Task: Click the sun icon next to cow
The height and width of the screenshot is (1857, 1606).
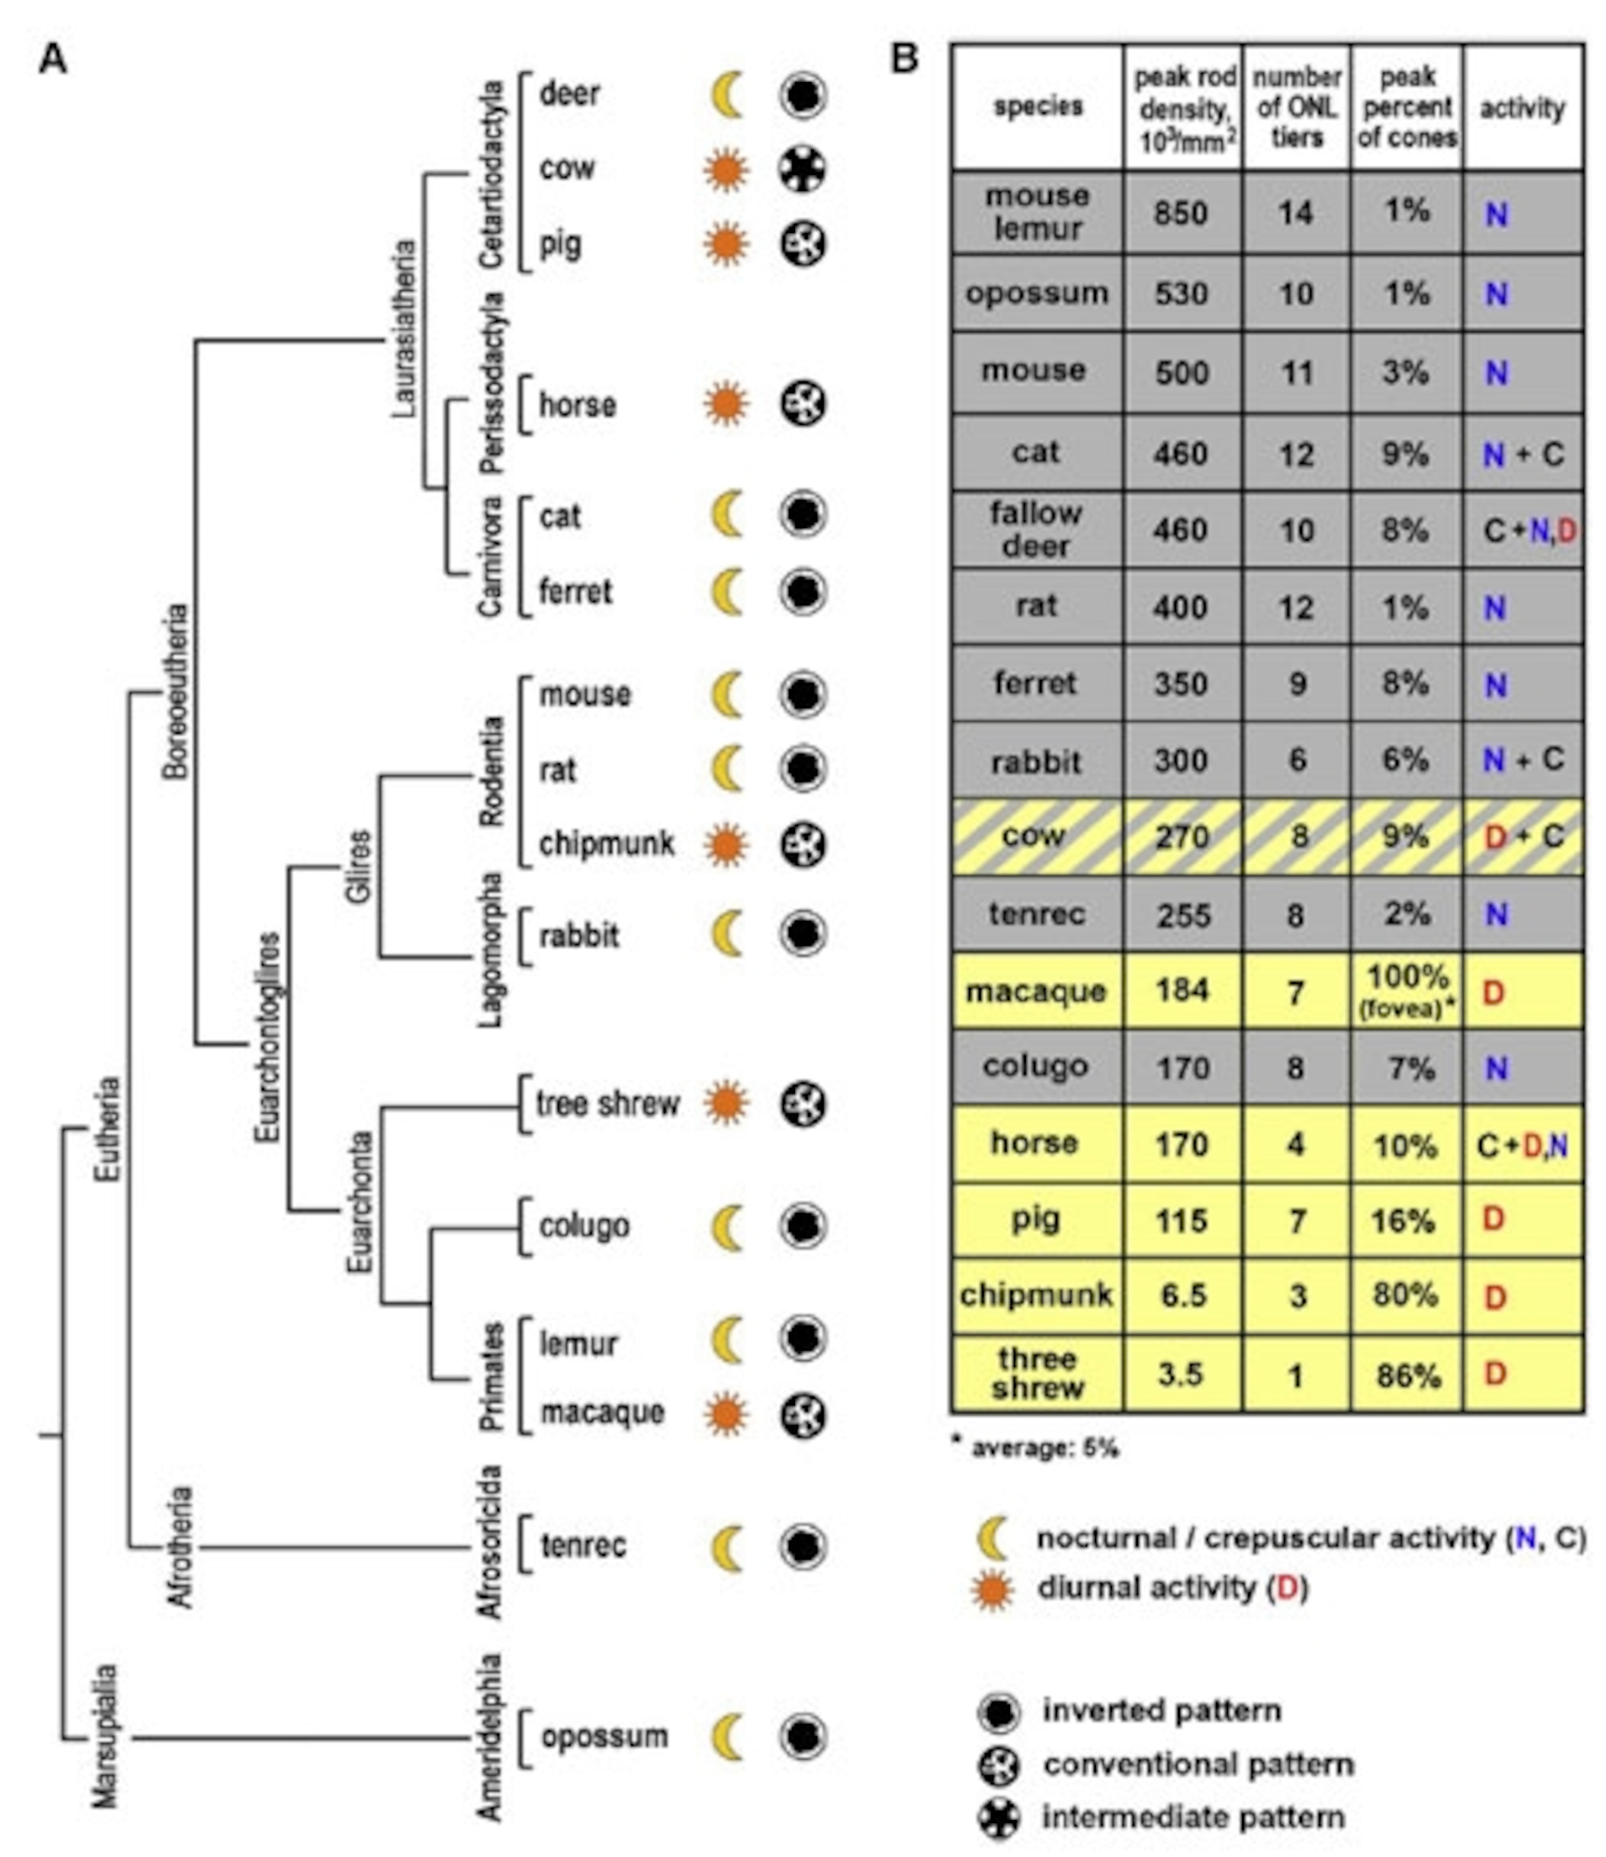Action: point(725,169)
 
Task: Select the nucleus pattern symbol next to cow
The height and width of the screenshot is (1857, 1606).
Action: point(801,169)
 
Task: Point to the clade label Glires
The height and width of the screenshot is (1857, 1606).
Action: point(358,867)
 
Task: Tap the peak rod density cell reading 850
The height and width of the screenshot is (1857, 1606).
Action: point(1181,213)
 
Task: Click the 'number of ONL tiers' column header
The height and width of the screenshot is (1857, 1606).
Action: point(1296,108)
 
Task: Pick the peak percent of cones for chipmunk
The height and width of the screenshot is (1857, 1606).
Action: point(1405,1295)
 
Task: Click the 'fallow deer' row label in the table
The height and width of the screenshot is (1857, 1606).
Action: point(1036,529)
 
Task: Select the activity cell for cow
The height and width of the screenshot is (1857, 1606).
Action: point(1523,837)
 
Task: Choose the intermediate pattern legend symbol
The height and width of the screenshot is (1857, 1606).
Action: point(999,1818)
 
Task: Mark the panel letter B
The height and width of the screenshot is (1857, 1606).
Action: point(904,59)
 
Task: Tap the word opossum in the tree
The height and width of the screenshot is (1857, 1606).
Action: point(604,1736)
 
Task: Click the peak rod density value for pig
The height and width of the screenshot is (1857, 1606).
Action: point(1181,1220)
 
